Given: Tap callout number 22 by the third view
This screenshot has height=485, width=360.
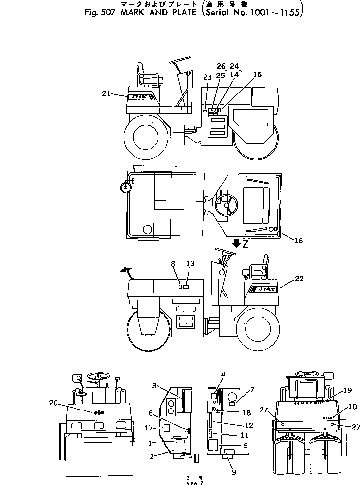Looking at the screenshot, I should [299, 279].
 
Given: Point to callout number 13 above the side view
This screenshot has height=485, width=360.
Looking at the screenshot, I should [190, 263].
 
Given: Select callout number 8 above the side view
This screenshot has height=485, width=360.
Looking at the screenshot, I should [173, 263].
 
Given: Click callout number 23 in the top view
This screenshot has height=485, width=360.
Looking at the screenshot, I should [208, 76].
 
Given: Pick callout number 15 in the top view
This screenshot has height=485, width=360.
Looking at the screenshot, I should [258, 75].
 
